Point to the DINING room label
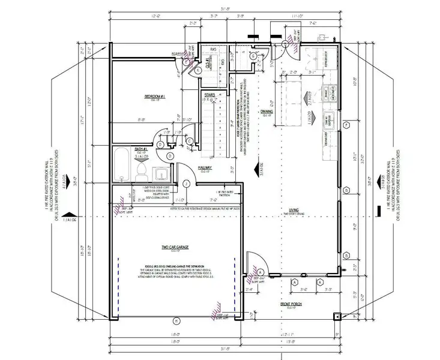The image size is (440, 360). pos(267,111)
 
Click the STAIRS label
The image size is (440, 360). pos(209,94)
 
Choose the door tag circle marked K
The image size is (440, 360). pos(198,70)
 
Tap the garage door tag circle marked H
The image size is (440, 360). pos(174,319)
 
